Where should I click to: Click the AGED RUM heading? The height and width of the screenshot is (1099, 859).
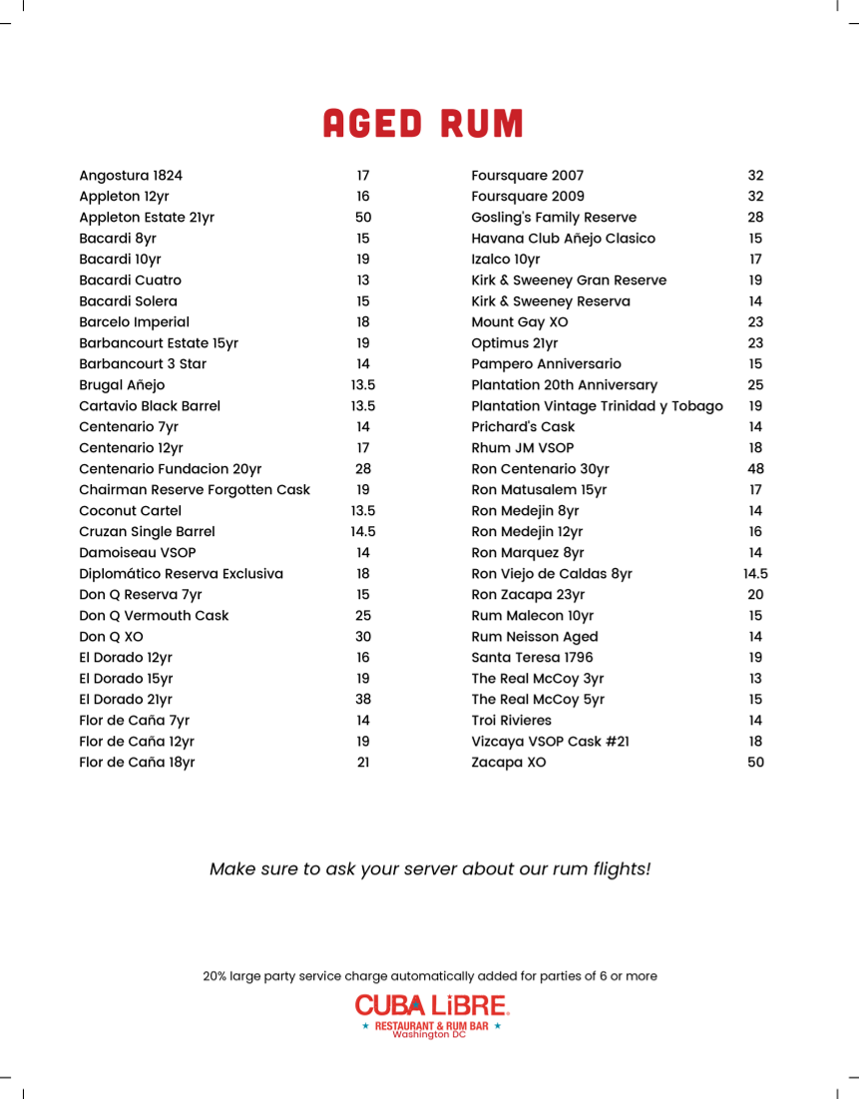pyautogui.click(x=423, y=124)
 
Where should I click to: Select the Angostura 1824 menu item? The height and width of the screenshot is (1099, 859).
pyautogui.click(x=131, y=176)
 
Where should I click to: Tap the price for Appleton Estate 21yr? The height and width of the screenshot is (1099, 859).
pyautogui.click(x=363, y=218)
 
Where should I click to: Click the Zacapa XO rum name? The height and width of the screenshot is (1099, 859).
pyautogui.click(x=509, y=763)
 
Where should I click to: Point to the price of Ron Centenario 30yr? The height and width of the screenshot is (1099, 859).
pyautogui.click(x=755, y=469)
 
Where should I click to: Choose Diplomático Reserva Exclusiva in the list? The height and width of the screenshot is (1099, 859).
pyautogui.click(x=181, y=574)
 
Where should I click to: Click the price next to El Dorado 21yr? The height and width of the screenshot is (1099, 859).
pyautogui.click(x=363, y=700)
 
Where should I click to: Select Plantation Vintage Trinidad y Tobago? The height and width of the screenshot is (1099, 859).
pyautogui.click(x=597, y=406)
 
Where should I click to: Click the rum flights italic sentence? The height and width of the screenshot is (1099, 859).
pyautogui.click(x=430, y=869)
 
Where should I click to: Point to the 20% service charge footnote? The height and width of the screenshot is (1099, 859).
pyautogui.click(x=430, y=976)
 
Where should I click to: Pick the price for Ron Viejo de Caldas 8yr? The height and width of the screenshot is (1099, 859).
pyautogui.click(x=755, y=574)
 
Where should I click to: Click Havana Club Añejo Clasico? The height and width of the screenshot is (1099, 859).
pyautogui.click(x=564, y=239)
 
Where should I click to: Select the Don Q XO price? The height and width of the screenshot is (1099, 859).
pyautogui.click(x=363, y=637)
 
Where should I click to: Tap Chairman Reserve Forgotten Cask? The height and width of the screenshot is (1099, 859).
pyautogui.click(x=195, y=490)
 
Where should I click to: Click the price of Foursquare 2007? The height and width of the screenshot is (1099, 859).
pyautogui.click(x=755, y=176)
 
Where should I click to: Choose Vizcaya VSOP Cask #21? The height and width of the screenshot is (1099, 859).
pyautogui.click(x=550, y=742)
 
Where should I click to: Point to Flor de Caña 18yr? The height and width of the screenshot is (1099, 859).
pyautogui.click(x=137, y=763)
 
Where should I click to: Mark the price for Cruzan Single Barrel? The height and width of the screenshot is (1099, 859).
pyautogui.click(x=363, y=532)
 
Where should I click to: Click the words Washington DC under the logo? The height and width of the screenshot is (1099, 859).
pyautogui.click(x=429, y=1035)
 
